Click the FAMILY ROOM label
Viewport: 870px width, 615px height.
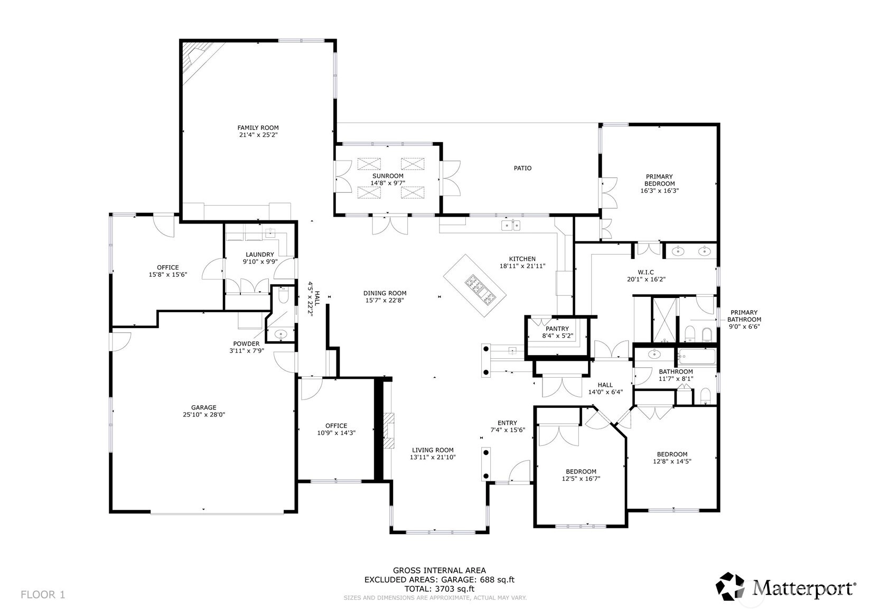pyautogui.click(x=258, y=127)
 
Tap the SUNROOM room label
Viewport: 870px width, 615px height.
pyautogui.click(x=388, y=176)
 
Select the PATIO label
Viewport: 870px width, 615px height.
pyautogui.click(x=522, y=168)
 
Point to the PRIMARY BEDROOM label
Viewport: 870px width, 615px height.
pyautogui.click(x=659, y=180)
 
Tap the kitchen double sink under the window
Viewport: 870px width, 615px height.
pyautogui.click(x=511, y=225)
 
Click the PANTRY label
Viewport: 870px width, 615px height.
pyautogui.click(x=557, y=329)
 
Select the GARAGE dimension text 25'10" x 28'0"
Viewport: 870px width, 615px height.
pyautogui.click(x=204, y=415)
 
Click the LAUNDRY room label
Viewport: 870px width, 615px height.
pyautogui.click(x=260, y=255)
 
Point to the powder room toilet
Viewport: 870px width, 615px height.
pyautogui.click(x=283, y=296)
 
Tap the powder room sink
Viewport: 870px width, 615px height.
pyautogui.click(x=280, y=334)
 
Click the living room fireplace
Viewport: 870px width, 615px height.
pyautogui.click(x=389, y=431)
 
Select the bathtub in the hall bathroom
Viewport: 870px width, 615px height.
pyautogui.click(x=696, y=357)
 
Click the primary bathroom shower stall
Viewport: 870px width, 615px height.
pyautogui.click(x=665, y=320)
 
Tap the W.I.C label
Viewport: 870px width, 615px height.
pyautogui.click(x=646, y=272)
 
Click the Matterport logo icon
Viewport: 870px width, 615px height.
pyautogui.click(x=731, y=586)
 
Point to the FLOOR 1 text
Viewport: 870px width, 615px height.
pyautogui.click(x=43, y=594)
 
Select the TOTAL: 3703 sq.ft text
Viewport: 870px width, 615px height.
pyautogui.click(x=439, y=589)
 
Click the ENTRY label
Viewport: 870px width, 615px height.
pyautogui.click(x=507, y=423)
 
